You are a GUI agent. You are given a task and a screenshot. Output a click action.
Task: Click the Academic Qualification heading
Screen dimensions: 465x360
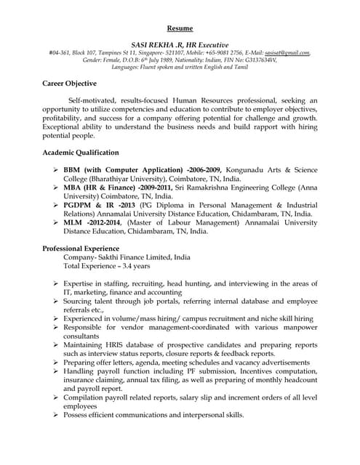pos(80,153)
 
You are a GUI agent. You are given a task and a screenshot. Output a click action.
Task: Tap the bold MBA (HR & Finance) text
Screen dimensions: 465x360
pos(120,187)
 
